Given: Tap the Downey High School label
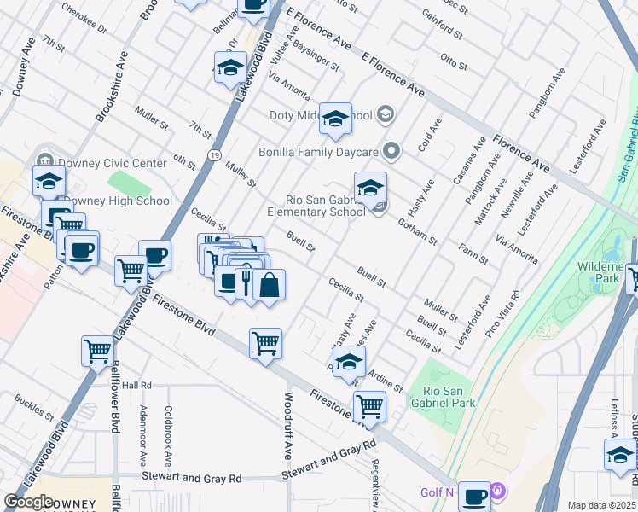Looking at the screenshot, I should click(118, 201).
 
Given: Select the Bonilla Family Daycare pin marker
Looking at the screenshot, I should click(391, 152).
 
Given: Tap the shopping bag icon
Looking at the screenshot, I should click(269, 285).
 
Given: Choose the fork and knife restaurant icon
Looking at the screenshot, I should click(246, 282).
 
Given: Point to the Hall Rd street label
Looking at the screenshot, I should click(136, 386).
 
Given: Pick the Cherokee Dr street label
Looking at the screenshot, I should click(89, 22).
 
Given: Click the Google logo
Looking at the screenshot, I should click(28, 502).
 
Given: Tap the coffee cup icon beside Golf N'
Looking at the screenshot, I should click(475, 494).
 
